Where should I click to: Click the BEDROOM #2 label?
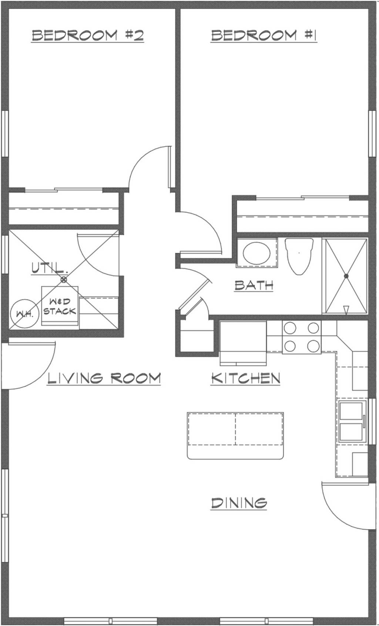coord(87,35)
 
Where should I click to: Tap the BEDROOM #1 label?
coord(264,35)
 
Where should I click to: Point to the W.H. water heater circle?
coord(24,313)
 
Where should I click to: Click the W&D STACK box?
coord(60,306)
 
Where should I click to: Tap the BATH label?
coord(254,285)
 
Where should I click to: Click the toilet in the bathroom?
coord(299,256)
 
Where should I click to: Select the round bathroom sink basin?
coord(257,253)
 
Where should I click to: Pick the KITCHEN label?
coord(245,378)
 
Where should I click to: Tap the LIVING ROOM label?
coord(104,378)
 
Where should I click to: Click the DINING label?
coord(239,503)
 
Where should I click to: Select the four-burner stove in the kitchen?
coord(302,337)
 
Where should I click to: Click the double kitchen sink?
coord(352,421)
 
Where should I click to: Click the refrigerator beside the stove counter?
coord(243,343)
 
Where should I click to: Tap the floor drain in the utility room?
coord(64,280)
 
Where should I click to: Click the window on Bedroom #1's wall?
coord(372,133)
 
